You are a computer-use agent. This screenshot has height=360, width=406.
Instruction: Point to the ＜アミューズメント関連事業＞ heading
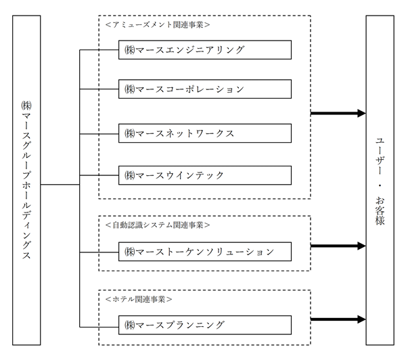tap(158, 25)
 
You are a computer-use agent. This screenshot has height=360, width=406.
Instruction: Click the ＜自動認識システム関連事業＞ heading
tap(158, 225)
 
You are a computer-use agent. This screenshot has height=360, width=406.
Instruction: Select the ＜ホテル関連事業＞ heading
tap(139, 299)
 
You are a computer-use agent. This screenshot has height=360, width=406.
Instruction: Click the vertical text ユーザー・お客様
tap(380, 181)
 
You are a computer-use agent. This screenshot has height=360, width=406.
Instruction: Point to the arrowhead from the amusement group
tap(361, 113)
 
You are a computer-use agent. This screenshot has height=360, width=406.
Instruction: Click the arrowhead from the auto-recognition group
tap(361, 246)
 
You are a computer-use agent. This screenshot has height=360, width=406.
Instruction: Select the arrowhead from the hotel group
tap(361, 319)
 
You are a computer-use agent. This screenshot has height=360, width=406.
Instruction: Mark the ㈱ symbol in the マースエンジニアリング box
tap(130, 49)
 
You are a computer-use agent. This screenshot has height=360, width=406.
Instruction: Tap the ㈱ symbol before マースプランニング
tap(130, 325)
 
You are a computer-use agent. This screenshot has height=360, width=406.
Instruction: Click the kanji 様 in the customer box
tap(380, 220)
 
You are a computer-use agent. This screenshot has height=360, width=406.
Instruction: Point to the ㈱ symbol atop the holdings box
tap(26, 106)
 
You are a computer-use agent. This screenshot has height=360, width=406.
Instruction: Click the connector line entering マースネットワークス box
tap(99, 134)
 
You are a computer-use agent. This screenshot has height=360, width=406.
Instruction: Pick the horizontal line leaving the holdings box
tap(60, 185)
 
